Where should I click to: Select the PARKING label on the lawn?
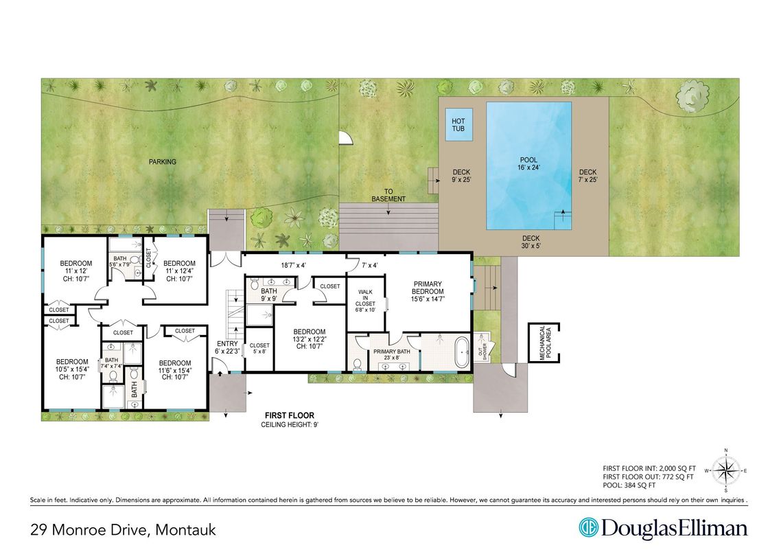(163, 162)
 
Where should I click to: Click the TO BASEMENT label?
(389, 195)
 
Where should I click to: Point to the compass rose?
(726, 471)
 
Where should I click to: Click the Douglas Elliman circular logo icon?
(587, 528)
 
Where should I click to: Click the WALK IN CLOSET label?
(364, 300)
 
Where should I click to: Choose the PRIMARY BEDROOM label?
(427, 291)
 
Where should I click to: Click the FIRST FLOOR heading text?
(290, 416)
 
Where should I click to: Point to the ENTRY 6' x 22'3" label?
(227, 347)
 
